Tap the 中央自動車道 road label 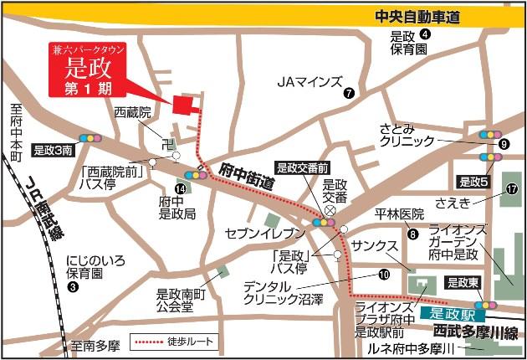click(x=418, y=16)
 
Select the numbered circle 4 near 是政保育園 click(x=425, y=34)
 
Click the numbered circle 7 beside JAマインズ click(x=349, y=94)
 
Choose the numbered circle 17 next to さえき click(x=511, y=189)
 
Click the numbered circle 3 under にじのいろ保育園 click(x=73, y=287)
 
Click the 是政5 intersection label click(x=473, y=180)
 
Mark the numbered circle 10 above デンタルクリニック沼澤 click(x=384, y=273)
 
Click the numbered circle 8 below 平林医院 click(x=412, y=235)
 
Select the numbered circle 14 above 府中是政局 click(x=179, y=189)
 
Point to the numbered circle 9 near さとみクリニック click(x=504, y=144)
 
